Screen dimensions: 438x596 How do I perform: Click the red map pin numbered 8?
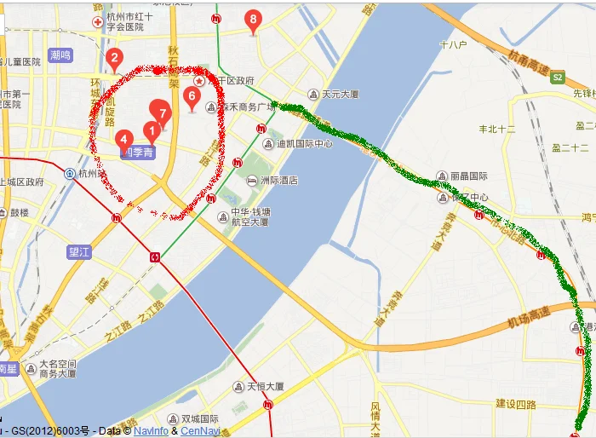[252, 20]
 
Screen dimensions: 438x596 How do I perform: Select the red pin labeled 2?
[114, 59]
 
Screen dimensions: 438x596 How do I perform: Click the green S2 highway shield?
[558, 77]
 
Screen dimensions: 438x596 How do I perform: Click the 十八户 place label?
[453, 43]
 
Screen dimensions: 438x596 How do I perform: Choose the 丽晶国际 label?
[469, 176]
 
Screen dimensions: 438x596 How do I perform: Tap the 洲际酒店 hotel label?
[278, 181]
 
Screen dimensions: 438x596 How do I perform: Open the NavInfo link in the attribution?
[151, 430]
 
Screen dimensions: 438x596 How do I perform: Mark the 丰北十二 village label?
[497, 130]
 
